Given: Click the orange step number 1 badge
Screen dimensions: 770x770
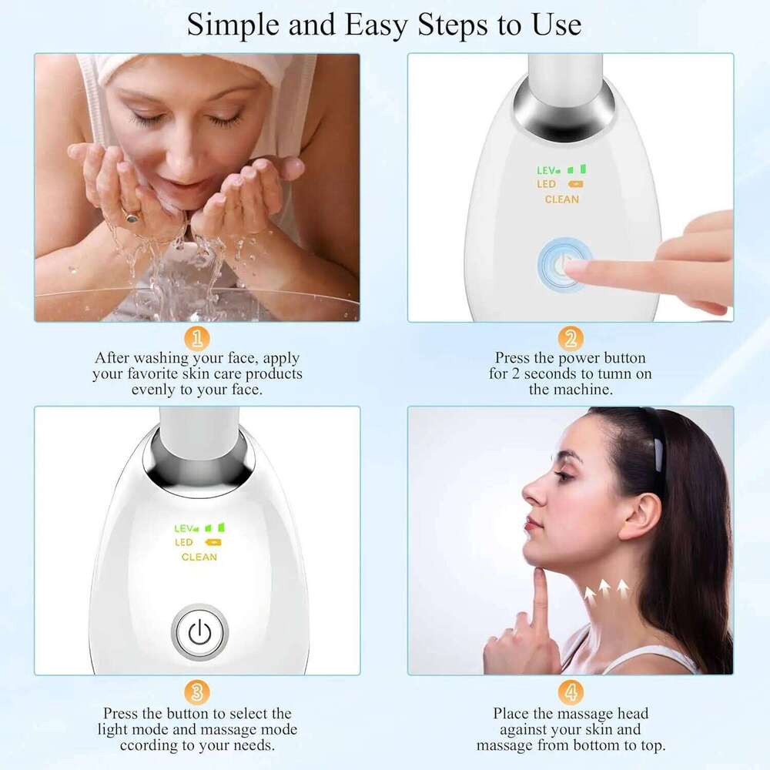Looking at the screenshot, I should pyautogui.click(x=197, y=338).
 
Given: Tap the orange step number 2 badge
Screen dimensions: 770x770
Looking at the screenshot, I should pyautogui.click(x=571, y=338).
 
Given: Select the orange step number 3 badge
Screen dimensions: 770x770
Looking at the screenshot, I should pyautogui.click(x=197, y=691).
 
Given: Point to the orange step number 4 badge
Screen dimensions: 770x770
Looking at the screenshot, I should pyautogui.click(x=571, y=691).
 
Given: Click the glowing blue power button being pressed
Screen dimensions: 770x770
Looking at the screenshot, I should pyautogui.click(x=564, y=262).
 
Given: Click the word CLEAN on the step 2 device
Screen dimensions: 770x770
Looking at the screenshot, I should pyautogui.click(x=562, y=199).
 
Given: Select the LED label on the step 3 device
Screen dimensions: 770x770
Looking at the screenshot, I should pyautogui.click(x=184, y=543).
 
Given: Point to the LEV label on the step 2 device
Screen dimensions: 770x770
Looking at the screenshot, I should pyautogui.click(x=547, y=169).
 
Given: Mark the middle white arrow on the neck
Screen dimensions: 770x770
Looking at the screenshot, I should pyautogui.click(x=604, y=590).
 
